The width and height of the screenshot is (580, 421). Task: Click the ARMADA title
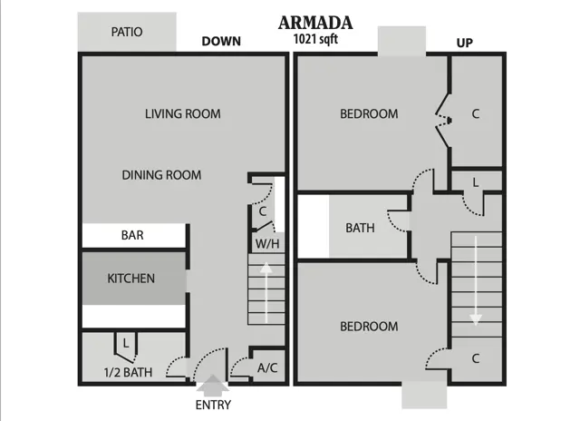[315, 23]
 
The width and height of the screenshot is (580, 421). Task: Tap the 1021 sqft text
[315, 39]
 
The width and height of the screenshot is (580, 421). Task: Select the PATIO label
[127, 32]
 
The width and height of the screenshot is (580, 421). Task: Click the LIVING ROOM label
[183, 113]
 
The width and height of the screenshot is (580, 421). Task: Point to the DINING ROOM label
[161, 175]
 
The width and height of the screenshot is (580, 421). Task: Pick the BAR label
[132, 235]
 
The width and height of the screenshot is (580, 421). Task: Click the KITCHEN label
[130, 279]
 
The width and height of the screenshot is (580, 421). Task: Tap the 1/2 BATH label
[128, 372]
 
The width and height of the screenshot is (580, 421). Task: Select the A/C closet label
[267, 367]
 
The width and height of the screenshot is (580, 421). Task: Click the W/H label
[267, 244]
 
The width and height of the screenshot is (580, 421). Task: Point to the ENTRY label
[213, 405]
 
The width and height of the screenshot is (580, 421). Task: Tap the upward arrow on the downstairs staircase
[266, 292]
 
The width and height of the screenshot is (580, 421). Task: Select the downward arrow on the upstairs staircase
[476, 280]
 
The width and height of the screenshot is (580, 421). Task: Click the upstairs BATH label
[360, 228]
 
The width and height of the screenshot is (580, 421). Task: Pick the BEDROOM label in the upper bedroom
[369, 113]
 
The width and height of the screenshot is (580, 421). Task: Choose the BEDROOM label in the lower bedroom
[369, 327]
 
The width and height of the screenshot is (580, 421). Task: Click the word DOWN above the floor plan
[221, 41]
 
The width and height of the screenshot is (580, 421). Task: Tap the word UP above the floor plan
[465, 43]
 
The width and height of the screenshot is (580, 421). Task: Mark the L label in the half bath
[126, 343]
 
